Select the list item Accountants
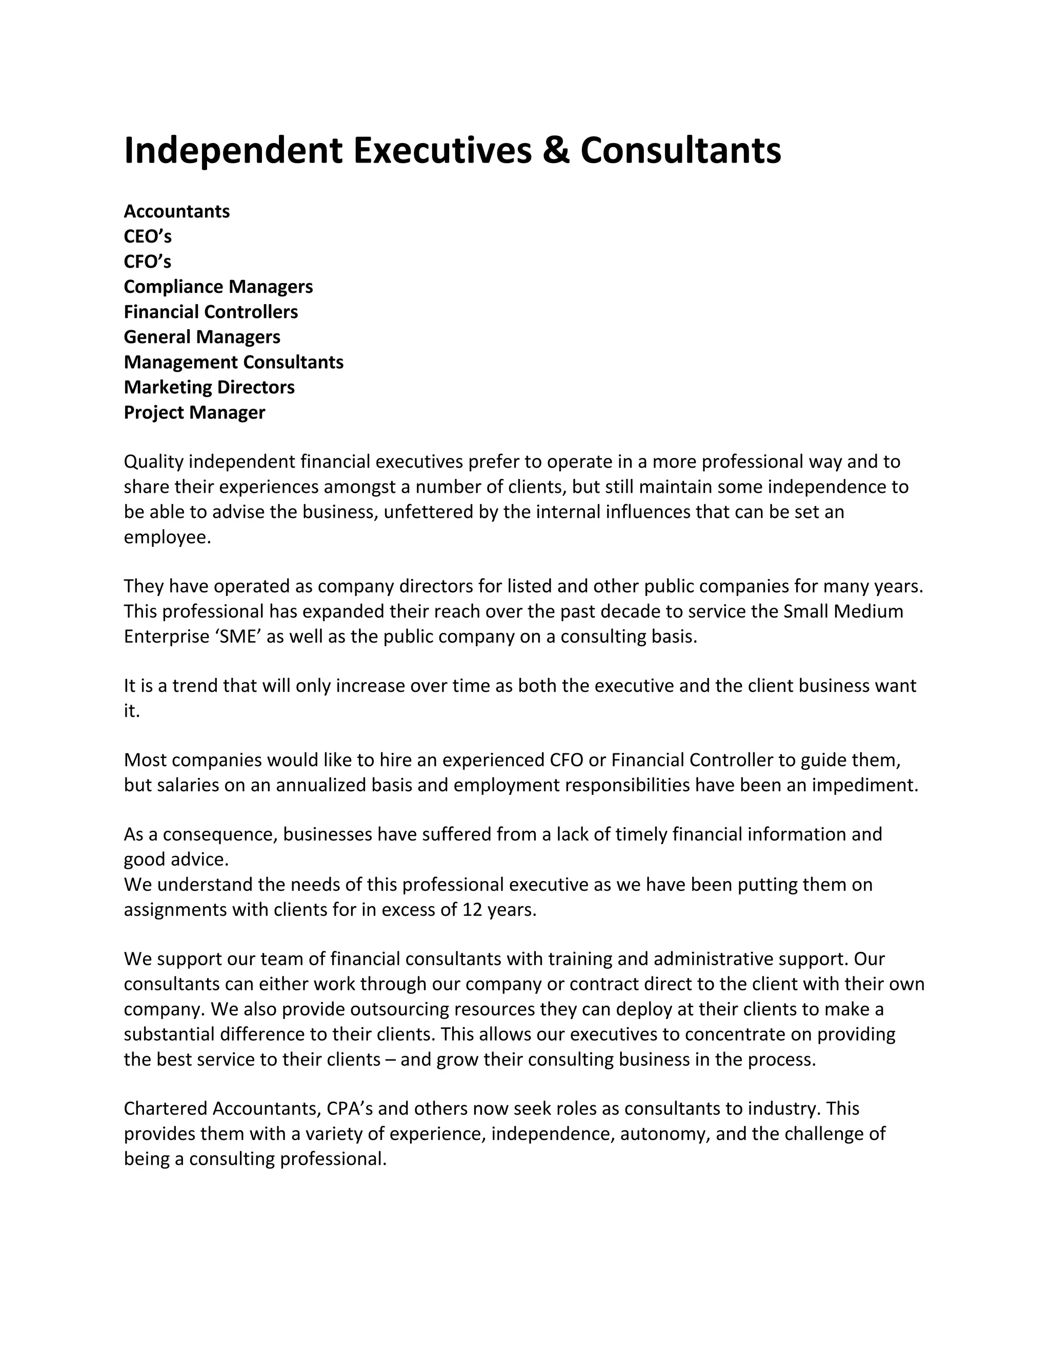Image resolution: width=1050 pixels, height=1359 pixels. [177, 212]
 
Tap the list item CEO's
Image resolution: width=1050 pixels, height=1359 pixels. [148, 236]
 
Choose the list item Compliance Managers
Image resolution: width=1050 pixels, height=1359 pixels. [218, 287]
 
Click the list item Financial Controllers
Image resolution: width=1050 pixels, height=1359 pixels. [211, 312]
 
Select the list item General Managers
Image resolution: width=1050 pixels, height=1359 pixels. [202, 336]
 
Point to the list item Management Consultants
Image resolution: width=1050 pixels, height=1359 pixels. [233, 362]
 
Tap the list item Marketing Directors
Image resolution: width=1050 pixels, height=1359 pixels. [209, 387]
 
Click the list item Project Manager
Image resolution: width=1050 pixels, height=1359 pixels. [194, 412]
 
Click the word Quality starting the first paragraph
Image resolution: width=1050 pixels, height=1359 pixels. [154, 462]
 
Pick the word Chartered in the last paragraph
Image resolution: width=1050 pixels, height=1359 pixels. [166, 1108]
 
